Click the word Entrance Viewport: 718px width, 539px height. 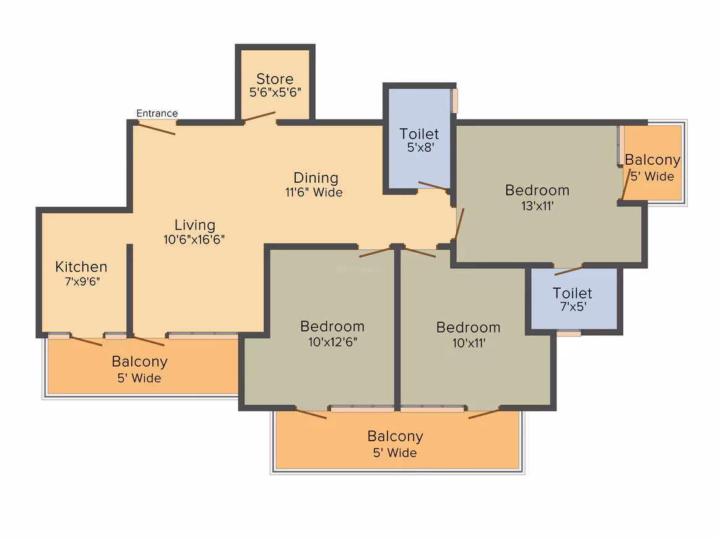[157, 113]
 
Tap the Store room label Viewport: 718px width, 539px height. [275, 79]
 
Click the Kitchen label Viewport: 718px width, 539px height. [81, 267]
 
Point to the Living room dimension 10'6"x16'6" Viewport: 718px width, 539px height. [194, 240]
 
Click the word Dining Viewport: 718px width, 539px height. [316, 178]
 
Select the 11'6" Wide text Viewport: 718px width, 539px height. [314, 193]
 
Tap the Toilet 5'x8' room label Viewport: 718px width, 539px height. [419, 134]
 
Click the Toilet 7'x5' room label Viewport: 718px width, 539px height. [572, 293]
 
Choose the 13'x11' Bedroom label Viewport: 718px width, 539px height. [537, 190]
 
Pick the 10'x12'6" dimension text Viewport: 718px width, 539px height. [332, 341]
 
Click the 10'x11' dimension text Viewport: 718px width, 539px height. [469, 342]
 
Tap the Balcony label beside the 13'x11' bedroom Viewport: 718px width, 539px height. [652, 160]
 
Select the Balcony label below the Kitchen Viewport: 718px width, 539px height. [139, 361]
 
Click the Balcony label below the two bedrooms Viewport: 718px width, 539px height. [395, 436]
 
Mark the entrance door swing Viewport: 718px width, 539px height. [157, 129]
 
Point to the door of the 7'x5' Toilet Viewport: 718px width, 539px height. [568, 270]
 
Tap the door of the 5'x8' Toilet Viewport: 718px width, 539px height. [433, 186]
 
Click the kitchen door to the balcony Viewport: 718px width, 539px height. [86, 341]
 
